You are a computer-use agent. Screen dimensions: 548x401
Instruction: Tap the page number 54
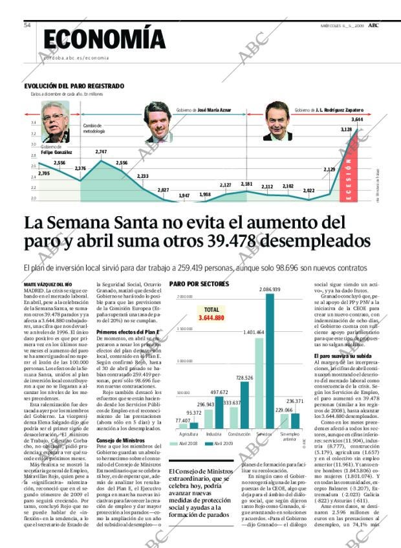pyautogui.click(x=27, y=25)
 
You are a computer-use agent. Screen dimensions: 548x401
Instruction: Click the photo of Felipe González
pyautogui.click(x=56, y=122)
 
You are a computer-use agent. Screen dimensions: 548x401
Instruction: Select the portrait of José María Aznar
pyautogui.click(x=157, y=122)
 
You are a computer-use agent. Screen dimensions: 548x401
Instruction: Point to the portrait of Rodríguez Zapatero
pyautogui.click(x=278, y=122)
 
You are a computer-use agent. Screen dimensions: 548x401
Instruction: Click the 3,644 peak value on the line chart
pyautogui.click(x=357, y=120)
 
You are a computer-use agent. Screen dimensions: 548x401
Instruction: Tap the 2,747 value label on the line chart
pyautogui.click(x=101, y=151)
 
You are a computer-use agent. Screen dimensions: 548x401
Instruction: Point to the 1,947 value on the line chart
pyautogui.click(x=184, y=195)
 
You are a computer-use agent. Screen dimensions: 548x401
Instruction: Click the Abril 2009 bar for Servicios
pyautogui.click(x=270, y=362)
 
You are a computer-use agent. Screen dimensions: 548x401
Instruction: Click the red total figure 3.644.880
pyautogui.click(x=211, y=318)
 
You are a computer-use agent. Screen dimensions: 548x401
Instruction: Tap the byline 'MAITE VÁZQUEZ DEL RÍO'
pyautogui.click(x=48, y=285)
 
